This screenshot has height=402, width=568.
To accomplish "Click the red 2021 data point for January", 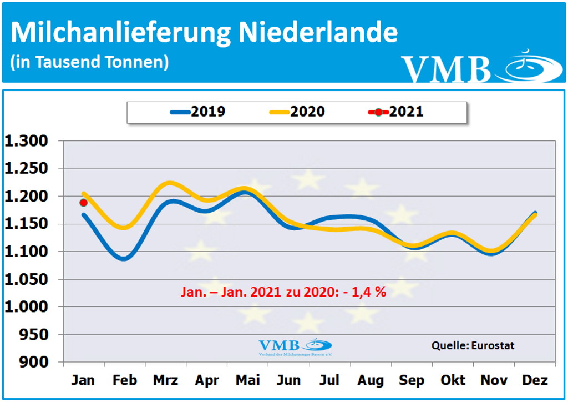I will click(83, 203).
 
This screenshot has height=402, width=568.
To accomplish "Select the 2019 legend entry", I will click(198, 112).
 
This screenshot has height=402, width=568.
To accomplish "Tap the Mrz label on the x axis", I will click(165, 381).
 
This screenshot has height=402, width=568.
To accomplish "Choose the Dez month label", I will click(535, 381).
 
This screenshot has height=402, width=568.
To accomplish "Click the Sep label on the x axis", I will click(412, 381).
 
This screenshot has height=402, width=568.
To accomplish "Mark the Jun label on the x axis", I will click(288, 381).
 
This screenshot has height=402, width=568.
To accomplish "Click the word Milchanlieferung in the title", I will click(120, 33).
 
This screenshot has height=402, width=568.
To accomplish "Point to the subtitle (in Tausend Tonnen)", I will click(89, 62).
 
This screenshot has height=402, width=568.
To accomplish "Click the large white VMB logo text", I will click(446, 69).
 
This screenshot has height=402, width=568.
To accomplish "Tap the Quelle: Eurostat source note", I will click(473, 345).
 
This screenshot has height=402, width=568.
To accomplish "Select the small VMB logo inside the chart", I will click(295, 346).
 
